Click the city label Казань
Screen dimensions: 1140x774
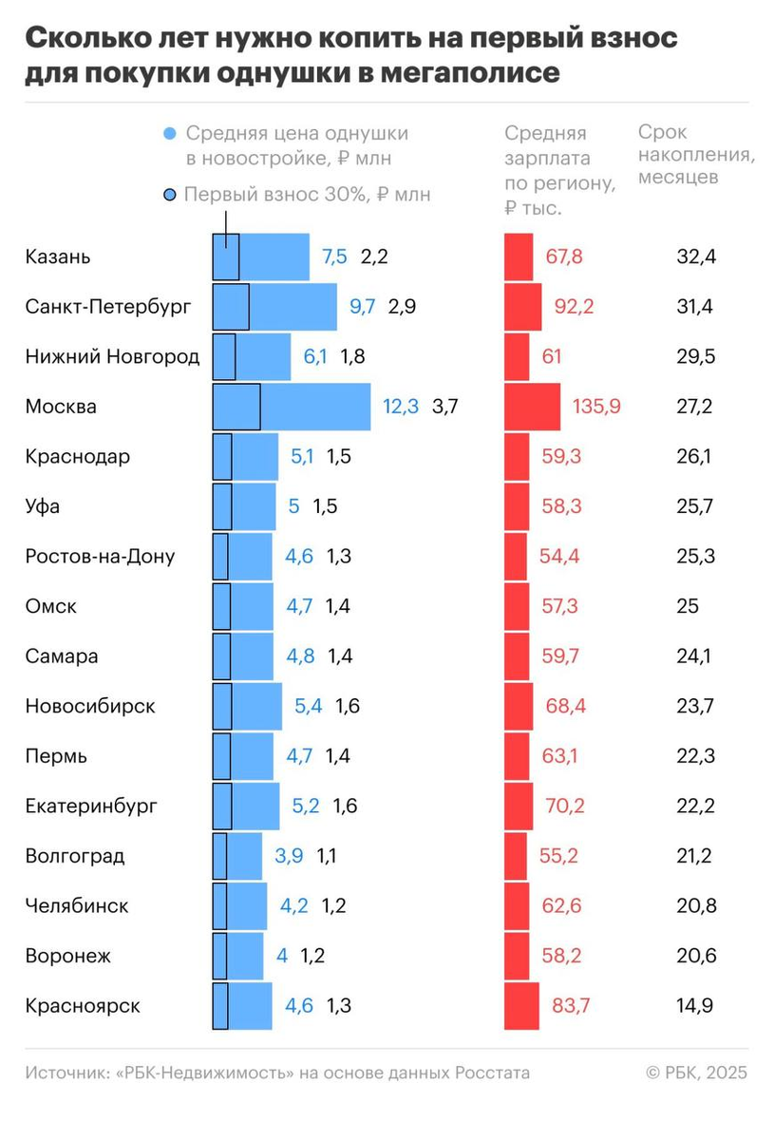click(x=58, y=256)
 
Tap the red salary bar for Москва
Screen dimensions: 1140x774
click(x=532, y=407)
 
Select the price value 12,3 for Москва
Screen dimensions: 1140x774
click(x=401, y=407)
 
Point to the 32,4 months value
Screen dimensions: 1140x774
click(x=694, y=256)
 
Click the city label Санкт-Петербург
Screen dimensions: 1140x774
click(x=108, y=307)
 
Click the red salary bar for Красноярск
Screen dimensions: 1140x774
click(x=521, y=1006)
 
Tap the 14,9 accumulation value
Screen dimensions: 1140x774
click(x=694, y=1006)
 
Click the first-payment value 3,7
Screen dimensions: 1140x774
click(x=444, y=407)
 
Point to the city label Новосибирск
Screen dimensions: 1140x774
click(x=90, y=707)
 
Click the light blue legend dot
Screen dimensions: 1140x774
click(x=170, y=134)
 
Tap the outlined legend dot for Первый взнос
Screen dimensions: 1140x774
click(x=170, y=195)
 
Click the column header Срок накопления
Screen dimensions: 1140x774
click(x=696, y=154)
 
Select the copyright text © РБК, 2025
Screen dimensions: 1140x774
click(x=696, y=1073)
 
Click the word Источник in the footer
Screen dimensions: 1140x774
click(x=66, y=1073)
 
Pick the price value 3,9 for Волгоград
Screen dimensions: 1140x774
click(x=289, y=856)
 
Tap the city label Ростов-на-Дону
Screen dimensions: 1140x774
click(x=100, y=557)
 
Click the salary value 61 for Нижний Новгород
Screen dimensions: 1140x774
click(x=551, y=356)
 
